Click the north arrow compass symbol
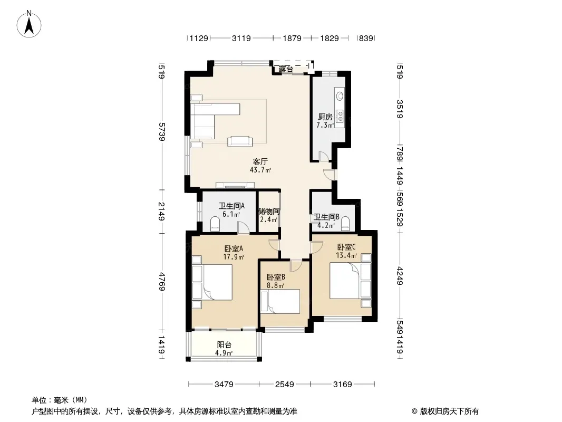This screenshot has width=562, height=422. (x=29, y=24)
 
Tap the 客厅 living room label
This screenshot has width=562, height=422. (x=260, y=161)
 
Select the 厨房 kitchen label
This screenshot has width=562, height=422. (x=325, y=117)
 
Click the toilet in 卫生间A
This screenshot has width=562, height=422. (x=215, y=224)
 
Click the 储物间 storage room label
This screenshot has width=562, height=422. (x=269, y=212)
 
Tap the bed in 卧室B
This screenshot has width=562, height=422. (x=280, y=301)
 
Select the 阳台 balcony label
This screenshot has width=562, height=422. (x=224, y=345)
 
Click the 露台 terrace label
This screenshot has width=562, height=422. (x=286, y=69)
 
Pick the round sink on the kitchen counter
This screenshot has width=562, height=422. (x=340, y=95)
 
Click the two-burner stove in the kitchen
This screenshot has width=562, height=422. (x=340, y=116)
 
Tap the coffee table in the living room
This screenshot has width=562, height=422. (x=240, y=141)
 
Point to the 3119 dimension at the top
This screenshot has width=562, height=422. (x=241, y=38)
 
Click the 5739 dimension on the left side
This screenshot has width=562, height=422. (x=162, y=131)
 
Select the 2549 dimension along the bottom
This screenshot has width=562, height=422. (x=285, y=385)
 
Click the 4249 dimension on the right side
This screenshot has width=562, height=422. (x=400, y=276)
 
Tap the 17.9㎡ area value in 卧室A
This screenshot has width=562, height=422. (x=234, y=257)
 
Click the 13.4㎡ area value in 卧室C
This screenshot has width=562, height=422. (x=346, y=255)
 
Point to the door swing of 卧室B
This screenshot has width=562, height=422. (x=296, y=266)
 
